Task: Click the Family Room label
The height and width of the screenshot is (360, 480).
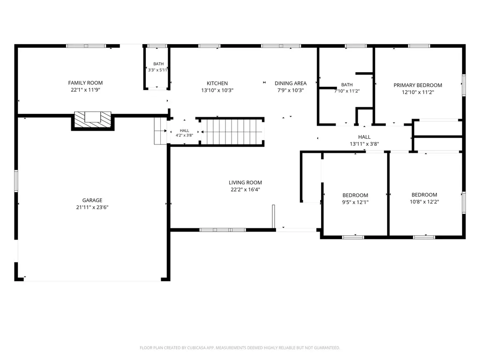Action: [85, 82]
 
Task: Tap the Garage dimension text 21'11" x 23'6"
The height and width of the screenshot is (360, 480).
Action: [92, 207]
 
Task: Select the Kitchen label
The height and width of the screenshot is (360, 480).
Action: [217, 83]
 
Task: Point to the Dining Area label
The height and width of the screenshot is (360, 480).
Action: [291, 83]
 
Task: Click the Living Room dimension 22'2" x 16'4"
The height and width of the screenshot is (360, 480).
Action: [245, 189]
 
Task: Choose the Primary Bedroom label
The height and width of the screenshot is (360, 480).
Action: [418, 85]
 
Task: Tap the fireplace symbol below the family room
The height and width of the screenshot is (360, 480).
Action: [93, 120]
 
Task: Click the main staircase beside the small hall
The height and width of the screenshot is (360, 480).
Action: [232, 132]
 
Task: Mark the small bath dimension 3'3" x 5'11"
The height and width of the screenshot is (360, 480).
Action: [158, 70]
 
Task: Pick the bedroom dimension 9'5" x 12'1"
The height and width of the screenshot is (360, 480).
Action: [355, 202]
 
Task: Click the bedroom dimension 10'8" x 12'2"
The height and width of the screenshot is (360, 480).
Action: [424, 202]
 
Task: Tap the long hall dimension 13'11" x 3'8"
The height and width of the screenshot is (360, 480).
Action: [364, 144]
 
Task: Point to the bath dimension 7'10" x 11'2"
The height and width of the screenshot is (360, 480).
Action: [347, 91]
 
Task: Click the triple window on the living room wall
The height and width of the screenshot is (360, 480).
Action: [223, 230]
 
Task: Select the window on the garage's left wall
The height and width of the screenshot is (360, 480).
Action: [16, 181]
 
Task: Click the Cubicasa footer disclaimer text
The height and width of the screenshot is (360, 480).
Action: [240, 348]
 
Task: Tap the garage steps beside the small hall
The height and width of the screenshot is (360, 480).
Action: [160, 131]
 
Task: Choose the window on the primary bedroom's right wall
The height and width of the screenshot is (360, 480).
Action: [464, 85]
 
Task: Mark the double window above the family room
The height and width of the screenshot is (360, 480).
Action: [86, 46]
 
